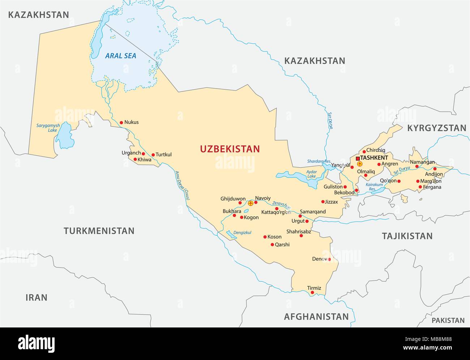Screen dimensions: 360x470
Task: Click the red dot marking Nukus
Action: click(121, 123)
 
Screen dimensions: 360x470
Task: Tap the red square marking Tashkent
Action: click(358, 158)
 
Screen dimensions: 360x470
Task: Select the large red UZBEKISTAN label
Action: click(230, 149)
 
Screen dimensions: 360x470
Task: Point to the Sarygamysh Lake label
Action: click(48, 128)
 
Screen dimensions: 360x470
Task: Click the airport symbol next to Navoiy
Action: click(251, 203)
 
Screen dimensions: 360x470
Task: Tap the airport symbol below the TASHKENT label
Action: click(360, 164)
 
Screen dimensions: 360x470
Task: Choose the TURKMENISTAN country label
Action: click(99, 231)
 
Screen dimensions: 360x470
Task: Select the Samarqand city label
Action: click(313, 211)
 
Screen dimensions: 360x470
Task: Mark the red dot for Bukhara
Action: click(234, 215)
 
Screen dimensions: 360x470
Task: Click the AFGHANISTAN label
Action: click(316, 317)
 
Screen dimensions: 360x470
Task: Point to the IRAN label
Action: click(36, 297)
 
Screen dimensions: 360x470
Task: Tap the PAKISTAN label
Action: click(448, 320)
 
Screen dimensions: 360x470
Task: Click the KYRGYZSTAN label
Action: click(436, 128)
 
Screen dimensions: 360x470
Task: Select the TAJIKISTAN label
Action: click(407, 236)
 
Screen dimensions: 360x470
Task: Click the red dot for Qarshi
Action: click(272, 245)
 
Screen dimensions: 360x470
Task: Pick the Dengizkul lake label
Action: click(242, 232)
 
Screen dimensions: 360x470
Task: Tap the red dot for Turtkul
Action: click(153, 155)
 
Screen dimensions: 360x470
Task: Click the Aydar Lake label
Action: click(311, 174)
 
